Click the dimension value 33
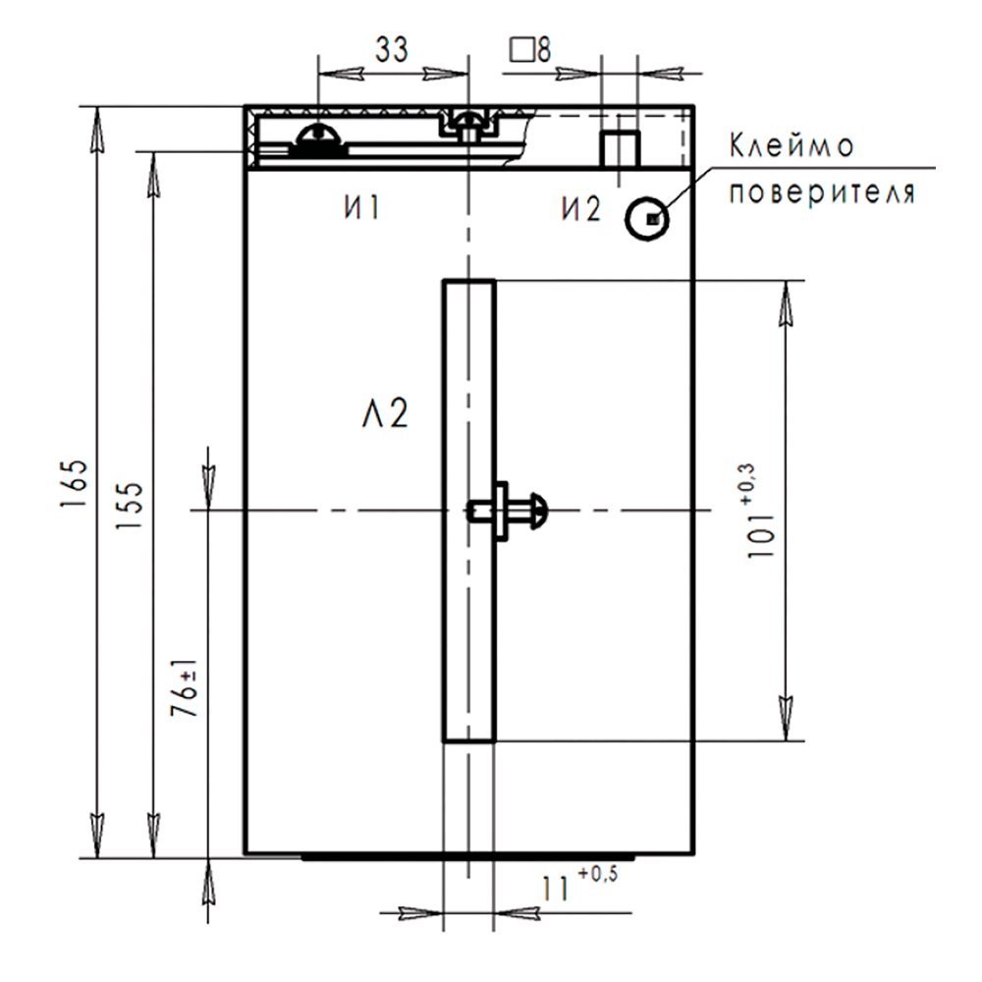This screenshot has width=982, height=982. (392, 49)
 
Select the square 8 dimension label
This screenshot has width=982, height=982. (530, 49)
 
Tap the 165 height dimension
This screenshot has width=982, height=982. (75, 483)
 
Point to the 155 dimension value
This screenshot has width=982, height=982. (130, 506)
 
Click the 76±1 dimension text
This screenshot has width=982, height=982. (185, 688)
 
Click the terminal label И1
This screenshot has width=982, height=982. (362, 207)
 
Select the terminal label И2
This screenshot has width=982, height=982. (580, 208)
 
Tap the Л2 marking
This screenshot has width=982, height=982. (385, 413)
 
